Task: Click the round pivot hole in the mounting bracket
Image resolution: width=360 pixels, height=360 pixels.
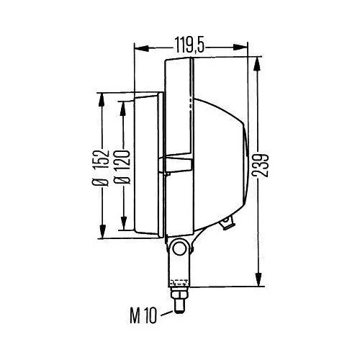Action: pyautogui.click(x=180, y=249)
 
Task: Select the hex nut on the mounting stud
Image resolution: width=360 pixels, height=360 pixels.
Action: pyautogui.click(x=178, y=295)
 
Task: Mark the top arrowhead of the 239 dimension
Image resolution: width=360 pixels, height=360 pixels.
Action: pyautogui.click(x=258, y=60)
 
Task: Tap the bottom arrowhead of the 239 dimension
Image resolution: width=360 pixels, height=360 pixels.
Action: pyautogui.click(x=258, y=282)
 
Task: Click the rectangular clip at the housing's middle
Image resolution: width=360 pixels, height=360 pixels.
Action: pyautogui.click(x=179, y=164)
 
